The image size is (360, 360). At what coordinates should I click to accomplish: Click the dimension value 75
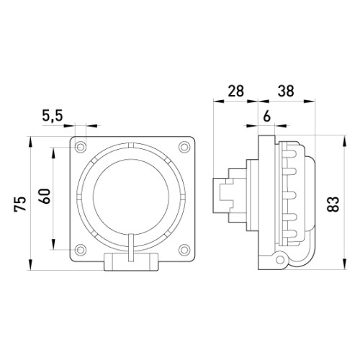point(20,204)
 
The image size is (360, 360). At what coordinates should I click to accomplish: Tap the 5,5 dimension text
point(53,116)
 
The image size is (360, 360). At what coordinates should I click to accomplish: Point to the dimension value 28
point(235,91)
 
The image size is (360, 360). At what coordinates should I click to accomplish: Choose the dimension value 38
point(286,91)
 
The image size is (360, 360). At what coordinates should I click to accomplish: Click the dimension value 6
point(266,117)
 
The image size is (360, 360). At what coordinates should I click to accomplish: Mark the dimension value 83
point(333,204)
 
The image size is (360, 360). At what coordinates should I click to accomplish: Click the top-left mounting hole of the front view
point(81,146)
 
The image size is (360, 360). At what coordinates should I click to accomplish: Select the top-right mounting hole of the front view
point(184,146)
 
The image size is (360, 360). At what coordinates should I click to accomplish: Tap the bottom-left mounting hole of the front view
point(81,250)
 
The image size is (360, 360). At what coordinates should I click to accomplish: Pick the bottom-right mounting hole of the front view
point(184,250)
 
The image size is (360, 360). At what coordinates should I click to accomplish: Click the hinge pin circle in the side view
point(280,259)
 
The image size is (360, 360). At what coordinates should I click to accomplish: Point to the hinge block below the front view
point(131,261)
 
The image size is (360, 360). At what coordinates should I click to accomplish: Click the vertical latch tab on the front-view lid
point(131,247)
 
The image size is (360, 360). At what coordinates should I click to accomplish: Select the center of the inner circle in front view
point(131,197)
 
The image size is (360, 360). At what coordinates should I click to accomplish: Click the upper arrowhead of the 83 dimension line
point(345,140)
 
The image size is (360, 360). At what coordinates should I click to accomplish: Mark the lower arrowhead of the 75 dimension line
point(30,265)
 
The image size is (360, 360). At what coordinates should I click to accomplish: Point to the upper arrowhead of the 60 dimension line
point(53,152)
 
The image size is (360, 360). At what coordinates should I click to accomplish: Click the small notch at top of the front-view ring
point(131,145)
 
